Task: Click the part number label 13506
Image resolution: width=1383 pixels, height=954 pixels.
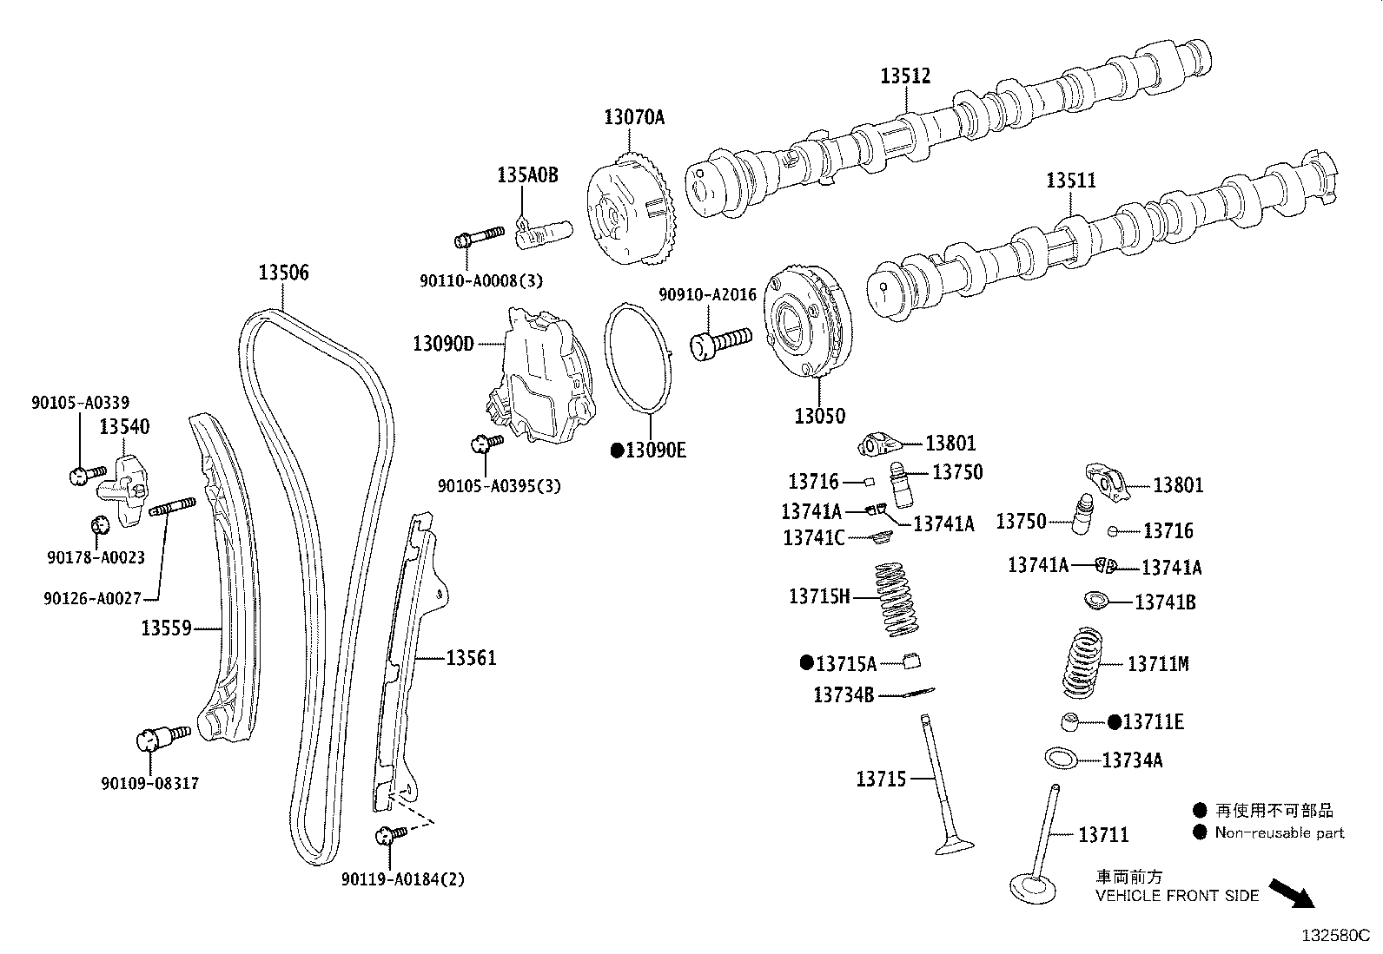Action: (x=282, y=273)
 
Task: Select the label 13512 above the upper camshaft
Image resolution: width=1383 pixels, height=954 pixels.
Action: (x=904, y=76)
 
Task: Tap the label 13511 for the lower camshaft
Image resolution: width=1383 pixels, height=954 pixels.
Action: (x=1070, y=180)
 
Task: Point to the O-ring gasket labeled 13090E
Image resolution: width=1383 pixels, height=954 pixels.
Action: (x=639, y=357)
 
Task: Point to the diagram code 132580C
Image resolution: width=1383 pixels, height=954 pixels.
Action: (x=1333, y=936)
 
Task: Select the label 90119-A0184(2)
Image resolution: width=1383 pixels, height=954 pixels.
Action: (x=403, y=879)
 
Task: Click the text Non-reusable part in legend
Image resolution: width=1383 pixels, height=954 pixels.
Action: (x=1279, y=832)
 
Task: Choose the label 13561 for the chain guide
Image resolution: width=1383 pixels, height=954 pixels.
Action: (x=471, y=658)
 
